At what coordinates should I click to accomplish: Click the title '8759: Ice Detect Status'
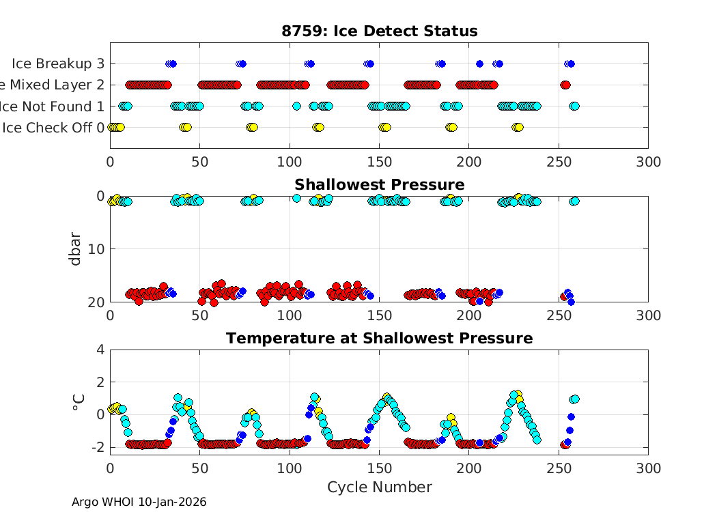coord(379,31)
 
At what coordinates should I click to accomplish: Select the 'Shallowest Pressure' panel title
coord(379,185)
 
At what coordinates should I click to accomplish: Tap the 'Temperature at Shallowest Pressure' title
coord(379,338)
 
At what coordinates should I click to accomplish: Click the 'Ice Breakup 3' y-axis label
coord(58,63)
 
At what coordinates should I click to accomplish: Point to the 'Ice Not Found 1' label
coord(53,106)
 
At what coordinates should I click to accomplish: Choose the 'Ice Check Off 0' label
coord(53,128)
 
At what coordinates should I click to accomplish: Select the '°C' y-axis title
coord(76,401)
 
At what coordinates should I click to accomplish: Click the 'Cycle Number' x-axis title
coord(379,487)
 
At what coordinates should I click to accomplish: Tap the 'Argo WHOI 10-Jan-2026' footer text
coord(139,502)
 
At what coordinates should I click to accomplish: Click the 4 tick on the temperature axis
coord(100,350)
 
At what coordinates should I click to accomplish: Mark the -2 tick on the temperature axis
coord(97,447)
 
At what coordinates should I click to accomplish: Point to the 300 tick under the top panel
coord(647,162)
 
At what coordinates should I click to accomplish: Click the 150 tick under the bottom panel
coord(379,468)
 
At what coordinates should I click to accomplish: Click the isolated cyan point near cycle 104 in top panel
coord(296,106)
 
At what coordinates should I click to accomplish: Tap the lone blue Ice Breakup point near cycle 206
coord(479,63)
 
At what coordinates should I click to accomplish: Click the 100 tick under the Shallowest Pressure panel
coord(290,315)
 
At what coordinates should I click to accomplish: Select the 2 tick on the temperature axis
coord(100,382)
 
